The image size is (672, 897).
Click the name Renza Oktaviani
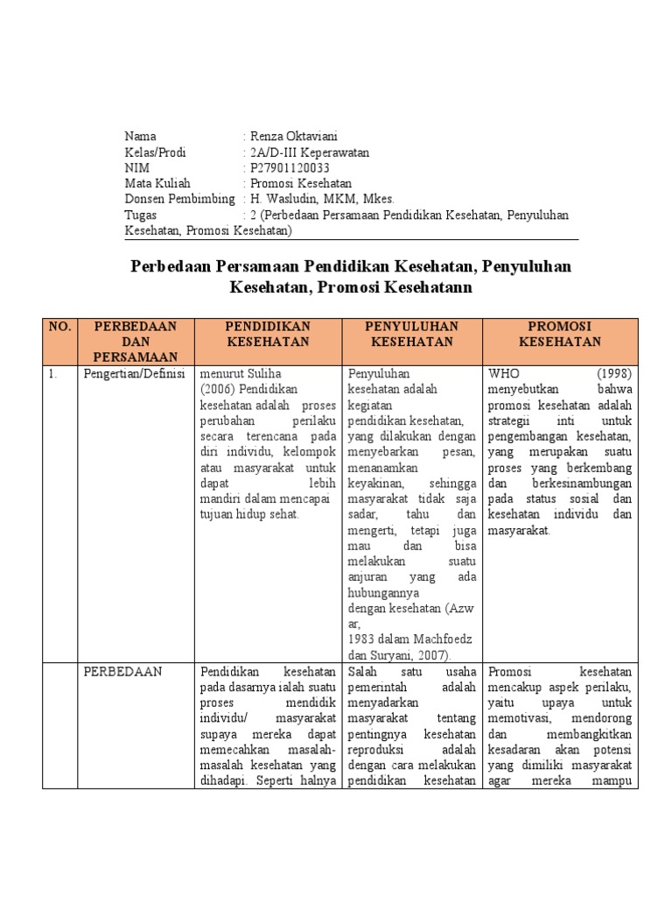pyautogui.click(x=288, y=136)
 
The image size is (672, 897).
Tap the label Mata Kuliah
pyautogui.click(x=157, y=183)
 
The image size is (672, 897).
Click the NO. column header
pyautogui.click(x=59, y=327)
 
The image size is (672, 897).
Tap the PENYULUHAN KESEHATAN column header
pyautogui.click(x=411, y=334)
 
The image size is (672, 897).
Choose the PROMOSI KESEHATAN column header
pyautogui.click(x=560, y=334)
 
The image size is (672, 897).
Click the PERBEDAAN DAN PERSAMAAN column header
pyautogui.click(x=136, y=341)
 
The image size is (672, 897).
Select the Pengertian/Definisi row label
pyautogui.click(x=135, y=374)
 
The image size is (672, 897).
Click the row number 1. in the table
pyautogui.click(x=53, y=374)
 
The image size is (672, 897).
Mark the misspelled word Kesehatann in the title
pyautogui.click(x=424, y=286)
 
